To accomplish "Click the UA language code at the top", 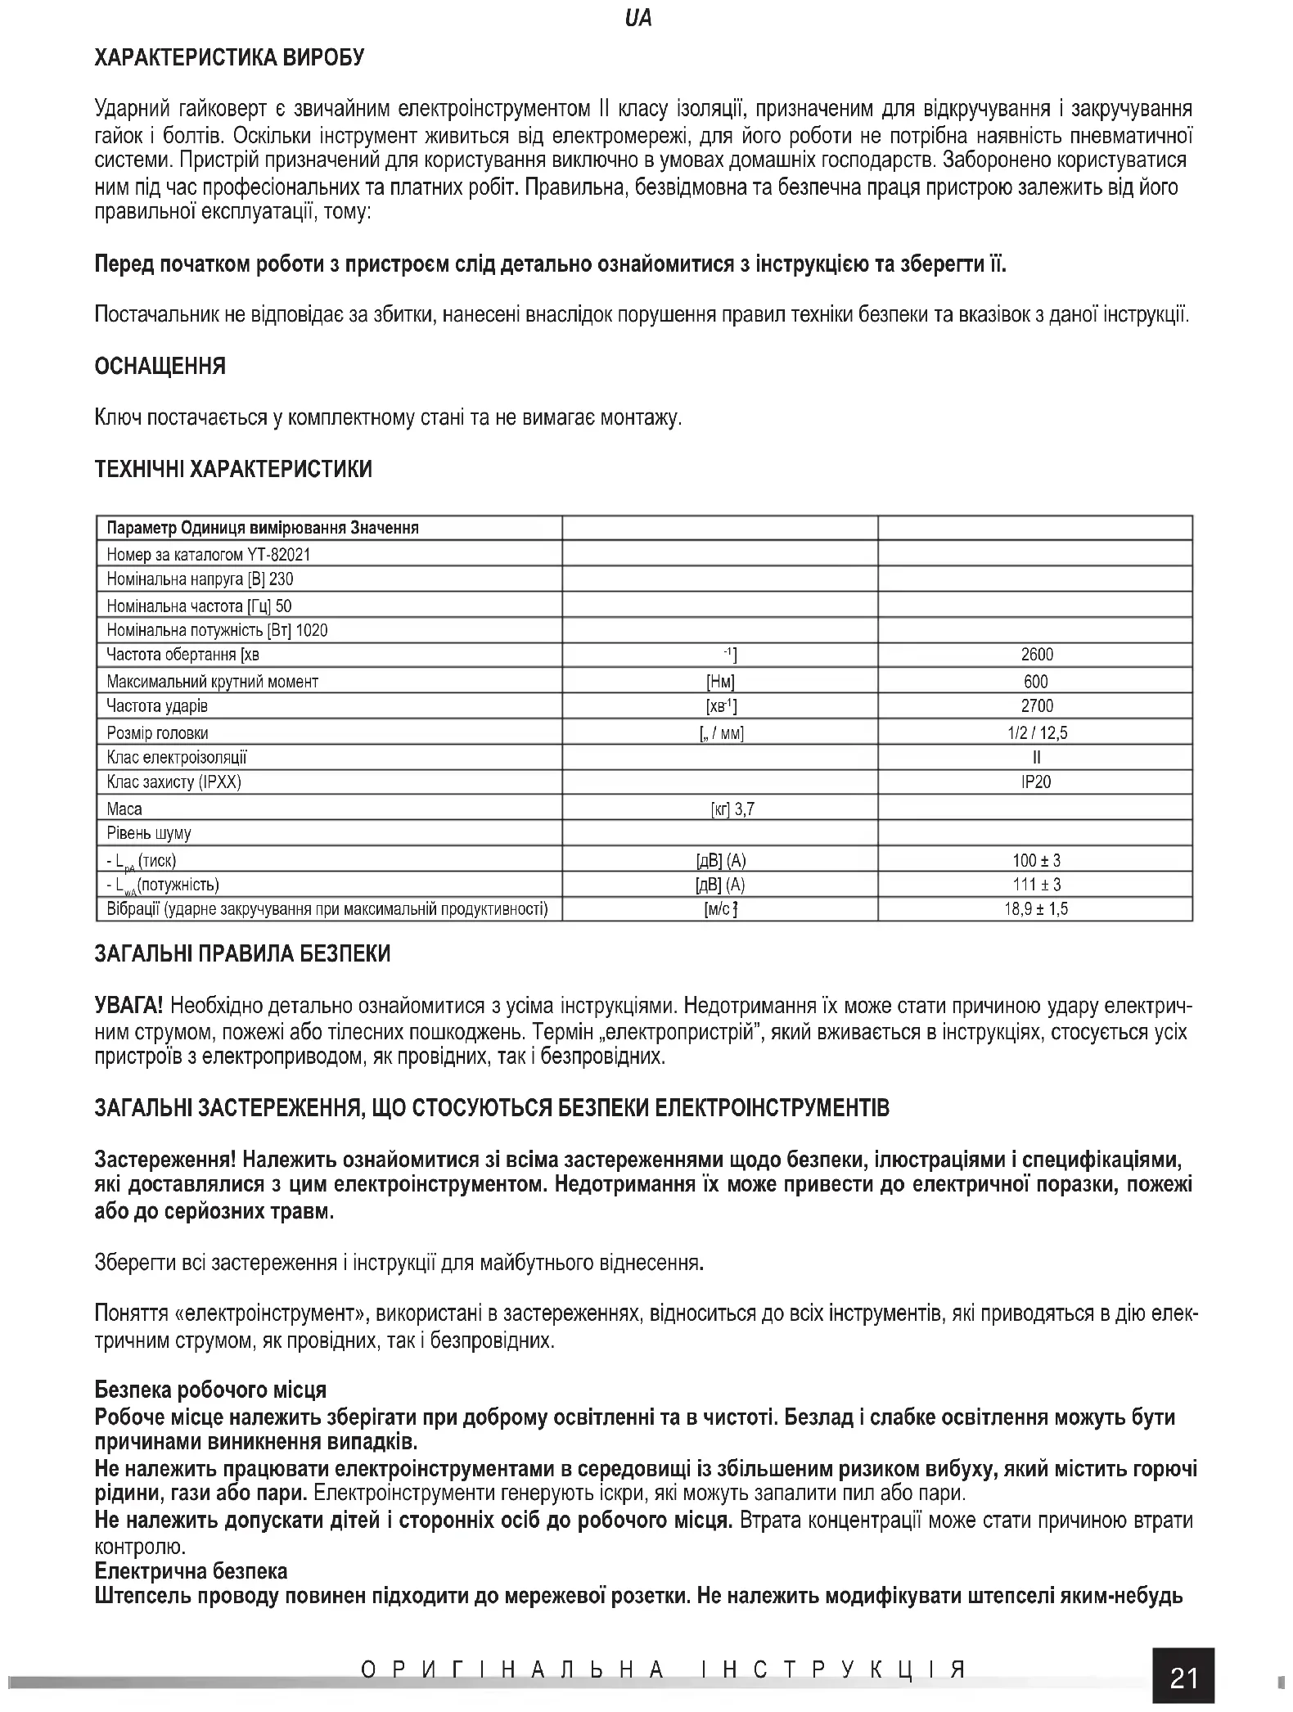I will pyautogui.click(x=637, y=18).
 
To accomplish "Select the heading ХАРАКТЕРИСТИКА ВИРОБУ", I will pyautogui.click(x=230, y=57).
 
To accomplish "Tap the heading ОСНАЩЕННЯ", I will pyautogui.click(x=160, y=366).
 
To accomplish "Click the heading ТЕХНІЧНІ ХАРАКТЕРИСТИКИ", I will pyautogui.click(x=233, y=469).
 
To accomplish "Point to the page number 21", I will pyautogui.click(x=1184, y=1678).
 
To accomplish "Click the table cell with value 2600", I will pyautogui.click(x=1037, y=655).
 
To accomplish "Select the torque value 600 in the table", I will pyautogui.click(x=1036, y=682).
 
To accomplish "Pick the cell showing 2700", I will pyautogui.click(x=1037, y=706).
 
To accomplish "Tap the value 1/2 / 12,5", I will pyautogui.click(x=1037, y=733).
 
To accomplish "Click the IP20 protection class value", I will pyautogui.click(x=1036, y=782).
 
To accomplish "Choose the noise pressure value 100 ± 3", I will pyautogui.click(x=1036, y=860).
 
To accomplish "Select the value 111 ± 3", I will pyautogui.click(x=1036, y=885).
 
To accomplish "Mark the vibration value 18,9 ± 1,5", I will pyautogui.click(x=1036, y=909).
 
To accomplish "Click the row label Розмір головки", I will pyautogui.click(x=157, y=733).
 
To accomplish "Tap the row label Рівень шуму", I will pyautogui.click(x=149, y=834).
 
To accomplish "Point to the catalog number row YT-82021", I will pyautogui.click(x=209, y=555).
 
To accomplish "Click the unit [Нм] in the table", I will pyautogui.click(x=720, y=682).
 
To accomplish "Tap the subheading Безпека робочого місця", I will pyautogui.click(x=210, y=1390).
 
